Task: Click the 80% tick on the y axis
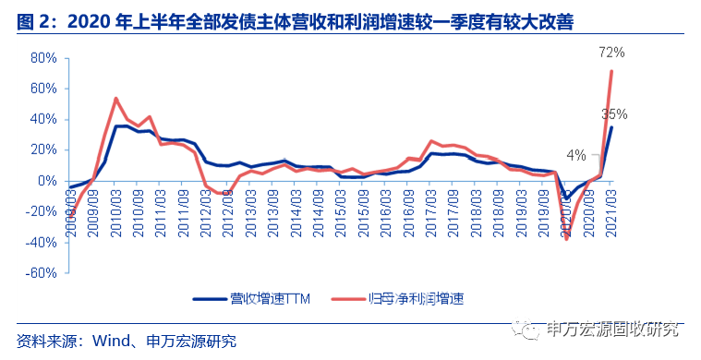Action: point(43,57)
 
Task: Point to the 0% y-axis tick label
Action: point(47,181)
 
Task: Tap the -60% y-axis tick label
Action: point(42,273)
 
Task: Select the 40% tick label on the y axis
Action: point(43,119)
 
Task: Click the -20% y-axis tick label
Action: point(42,211)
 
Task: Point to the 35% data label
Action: point(614,114)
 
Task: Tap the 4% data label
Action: point(576,155)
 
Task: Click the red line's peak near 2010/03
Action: point(115,98)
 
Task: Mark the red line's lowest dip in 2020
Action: point(567,240)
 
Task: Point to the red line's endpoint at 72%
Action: point(611,71)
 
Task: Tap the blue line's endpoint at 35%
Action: point(611,127)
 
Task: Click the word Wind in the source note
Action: point(110,341)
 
